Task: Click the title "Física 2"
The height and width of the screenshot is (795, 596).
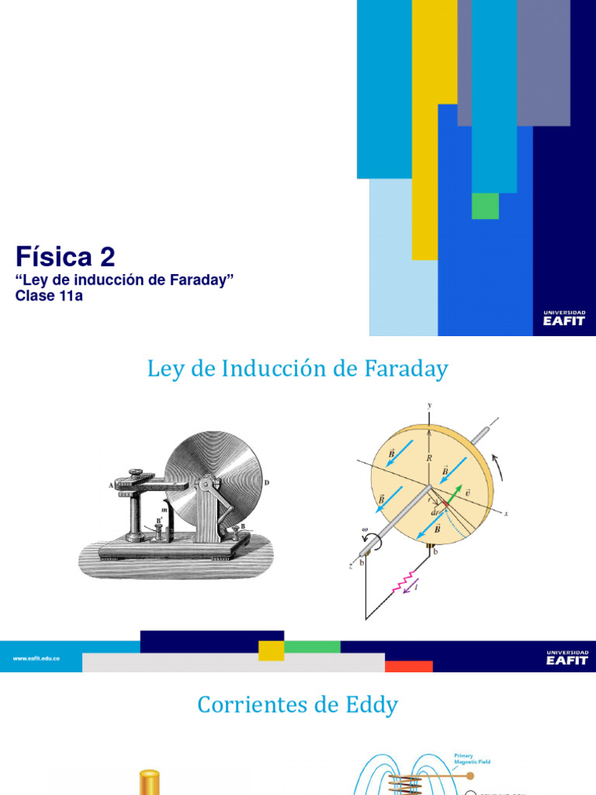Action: pyautogui.click(x=66, y=257)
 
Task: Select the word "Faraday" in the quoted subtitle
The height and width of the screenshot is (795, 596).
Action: pyautogui.click(x=205, y=280)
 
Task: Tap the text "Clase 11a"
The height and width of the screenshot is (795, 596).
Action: pyautogui.click(x=49, y=295)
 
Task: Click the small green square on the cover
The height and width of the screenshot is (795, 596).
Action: pyautogui.click(x=485, y=206)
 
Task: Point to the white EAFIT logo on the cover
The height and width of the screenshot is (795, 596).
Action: pyautogui.click(x=564, y=318)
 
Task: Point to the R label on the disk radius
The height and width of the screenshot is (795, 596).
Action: pyautogui.click(x=428, y=458)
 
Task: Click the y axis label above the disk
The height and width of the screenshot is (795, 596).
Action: pyautogui.click(x=428, y=404)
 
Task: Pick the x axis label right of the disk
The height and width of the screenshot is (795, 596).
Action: pyautogui.click(x=505, y=513)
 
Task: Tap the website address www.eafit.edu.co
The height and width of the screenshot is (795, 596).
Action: pyautogui.click(x=36, y=658)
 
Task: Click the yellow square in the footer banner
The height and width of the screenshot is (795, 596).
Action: pyautogui.click(x=271, y=651)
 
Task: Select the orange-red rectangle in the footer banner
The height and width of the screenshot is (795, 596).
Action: pyautogui.click(x=408, y=666)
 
